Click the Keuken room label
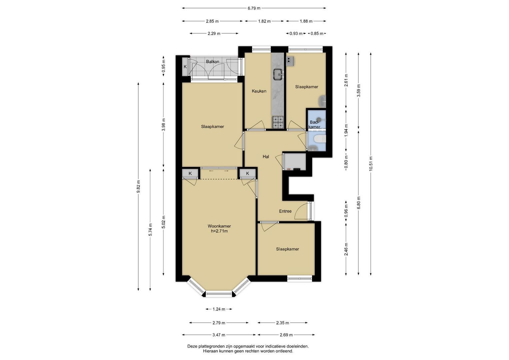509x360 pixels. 259,91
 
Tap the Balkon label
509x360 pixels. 212,62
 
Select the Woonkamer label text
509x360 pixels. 219,226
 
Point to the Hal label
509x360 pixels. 266,157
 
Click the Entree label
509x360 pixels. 285,211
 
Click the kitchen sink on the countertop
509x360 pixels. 278,74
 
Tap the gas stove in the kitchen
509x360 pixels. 278,122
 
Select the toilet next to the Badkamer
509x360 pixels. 320,139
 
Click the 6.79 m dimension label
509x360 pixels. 254,8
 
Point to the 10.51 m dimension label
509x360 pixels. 371,164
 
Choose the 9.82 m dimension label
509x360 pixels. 138,186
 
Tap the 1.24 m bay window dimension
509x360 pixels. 219,309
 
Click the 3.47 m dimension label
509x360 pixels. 219,335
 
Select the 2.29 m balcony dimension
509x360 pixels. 214,33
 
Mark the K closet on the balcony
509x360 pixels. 185,67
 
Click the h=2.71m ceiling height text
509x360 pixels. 219,231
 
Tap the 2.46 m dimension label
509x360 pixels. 346,249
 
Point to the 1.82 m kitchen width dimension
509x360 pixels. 264,21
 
